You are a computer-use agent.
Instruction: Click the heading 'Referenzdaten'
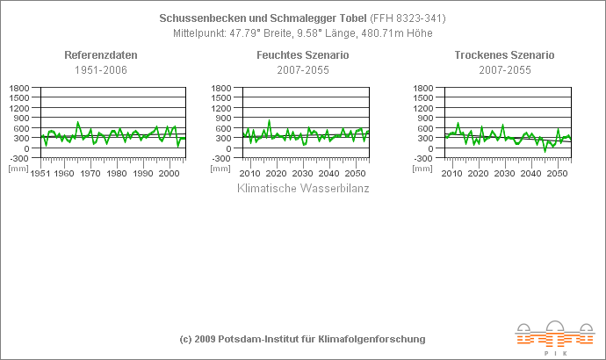(101, 55)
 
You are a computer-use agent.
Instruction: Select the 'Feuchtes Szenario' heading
(303, 55)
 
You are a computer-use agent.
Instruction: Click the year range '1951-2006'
(101, 69)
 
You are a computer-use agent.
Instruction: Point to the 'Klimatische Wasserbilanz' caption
(303, 188)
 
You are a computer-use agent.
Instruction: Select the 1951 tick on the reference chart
(40, 174)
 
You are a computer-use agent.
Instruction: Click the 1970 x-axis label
(90, 174)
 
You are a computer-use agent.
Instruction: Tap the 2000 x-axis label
(170, 174)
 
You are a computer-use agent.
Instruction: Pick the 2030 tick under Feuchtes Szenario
(303, 174)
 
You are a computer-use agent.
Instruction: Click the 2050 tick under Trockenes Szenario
(557, 174)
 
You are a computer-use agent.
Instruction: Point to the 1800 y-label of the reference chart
(19, 89)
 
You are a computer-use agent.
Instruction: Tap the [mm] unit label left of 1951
(18, 167)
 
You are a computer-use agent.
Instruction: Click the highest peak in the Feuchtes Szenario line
(269, 120)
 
